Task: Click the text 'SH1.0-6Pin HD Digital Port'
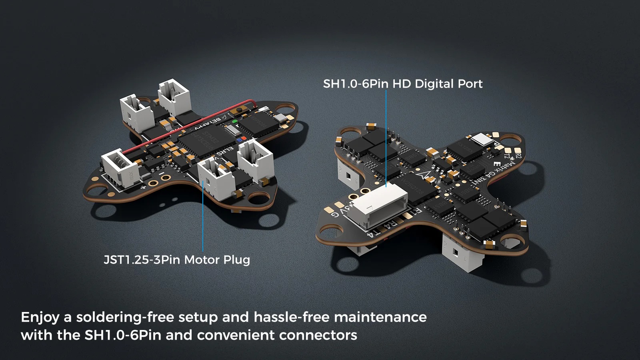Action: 402,84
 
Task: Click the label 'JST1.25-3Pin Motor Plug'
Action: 177,260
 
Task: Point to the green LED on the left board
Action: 235,121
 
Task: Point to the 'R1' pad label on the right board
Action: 416,211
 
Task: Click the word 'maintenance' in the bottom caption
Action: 380,317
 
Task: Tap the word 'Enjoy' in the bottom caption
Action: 40,317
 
